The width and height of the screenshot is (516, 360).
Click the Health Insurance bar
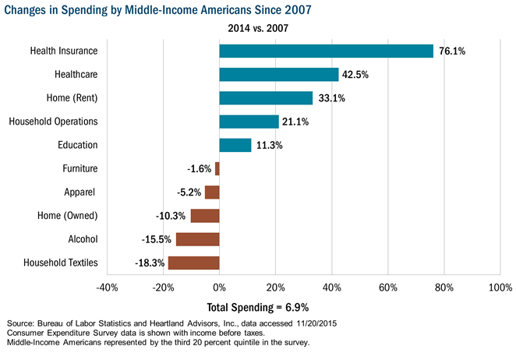point(326,51)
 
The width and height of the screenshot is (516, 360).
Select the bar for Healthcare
point(279,74)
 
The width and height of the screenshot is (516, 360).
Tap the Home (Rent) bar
point(266,98)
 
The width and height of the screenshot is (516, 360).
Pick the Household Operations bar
point(249,122)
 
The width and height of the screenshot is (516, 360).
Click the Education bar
point(235,145)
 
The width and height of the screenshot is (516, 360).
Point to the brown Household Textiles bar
point(194,263)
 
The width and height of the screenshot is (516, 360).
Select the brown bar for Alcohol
point(198,239)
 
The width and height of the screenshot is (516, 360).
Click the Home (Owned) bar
point(205,216)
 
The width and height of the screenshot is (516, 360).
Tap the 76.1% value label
point(452,51)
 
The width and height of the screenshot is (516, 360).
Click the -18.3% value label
point(150,263)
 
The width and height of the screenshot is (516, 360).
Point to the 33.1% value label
point(330,98)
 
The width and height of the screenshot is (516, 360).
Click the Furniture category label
point(80,168)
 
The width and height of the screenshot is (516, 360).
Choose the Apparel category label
point(80,192)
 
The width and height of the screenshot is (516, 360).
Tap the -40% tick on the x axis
point(107,288)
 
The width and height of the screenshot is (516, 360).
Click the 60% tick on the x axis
point(387,288)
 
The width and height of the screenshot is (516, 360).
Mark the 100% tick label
point(500,288)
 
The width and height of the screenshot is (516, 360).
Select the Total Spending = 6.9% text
point(258,306)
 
